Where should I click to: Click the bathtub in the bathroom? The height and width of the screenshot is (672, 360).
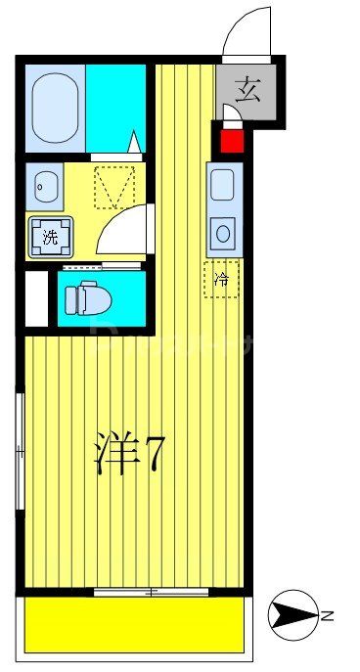pyautogui.click(x=57, y=106)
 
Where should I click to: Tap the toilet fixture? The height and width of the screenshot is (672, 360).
pyautogui.click(x=88, y=297)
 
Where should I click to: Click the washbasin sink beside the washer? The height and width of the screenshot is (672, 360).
pyautogui.click(x=45, y=183)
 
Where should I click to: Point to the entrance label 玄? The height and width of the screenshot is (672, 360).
pyautogui.click(x=248, y=95)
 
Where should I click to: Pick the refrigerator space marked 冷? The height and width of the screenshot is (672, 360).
pyautogui.click(x=221, y=280)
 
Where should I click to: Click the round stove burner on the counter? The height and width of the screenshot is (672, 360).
pyautogui.click(x=223, y=234)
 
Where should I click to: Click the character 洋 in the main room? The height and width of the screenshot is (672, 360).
pyautogui.click(x=115, y=454)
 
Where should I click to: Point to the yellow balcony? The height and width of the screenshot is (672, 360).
pyautogui.click(x=134, y=624)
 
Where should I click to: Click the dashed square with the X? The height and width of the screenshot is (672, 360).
pyautogui.click(x=112, y=186)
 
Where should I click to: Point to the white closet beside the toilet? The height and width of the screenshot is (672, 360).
pyautogui.click(x=35, y=297)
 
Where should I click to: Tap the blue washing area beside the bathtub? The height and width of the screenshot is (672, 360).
pyautogui.click(x=114, y=106)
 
